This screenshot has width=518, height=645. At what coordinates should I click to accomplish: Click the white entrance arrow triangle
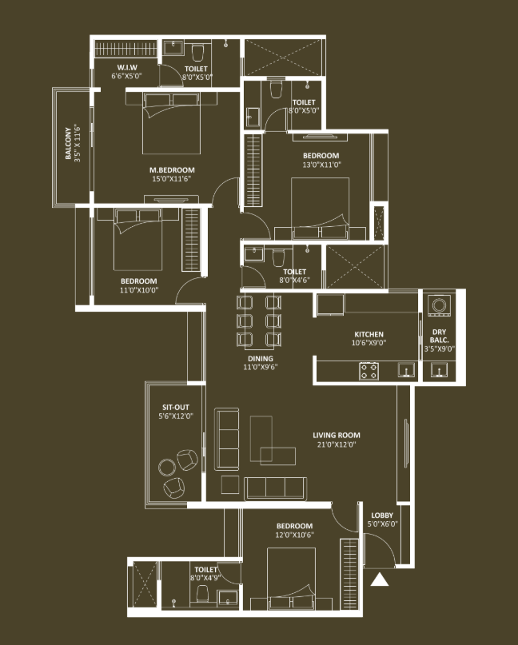point(380,580)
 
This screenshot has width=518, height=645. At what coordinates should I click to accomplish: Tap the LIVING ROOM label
point(337,436)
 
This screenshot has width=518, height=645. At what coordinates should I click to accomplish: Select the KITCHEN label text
point(369,334)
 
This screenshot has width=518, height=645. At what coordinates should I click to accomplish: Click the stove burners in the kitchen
point(369,371)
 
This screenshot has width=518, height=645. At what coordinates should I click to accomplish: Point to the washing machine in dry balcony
point(439,306)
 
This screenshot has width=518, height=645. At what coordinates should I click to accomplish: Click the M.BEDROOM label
point(172,170)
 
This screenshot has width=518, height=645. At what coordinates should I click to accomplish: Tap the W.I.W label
point(127,67)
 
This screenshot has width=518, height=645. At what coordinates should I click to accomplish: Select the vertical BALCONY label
point(68,143)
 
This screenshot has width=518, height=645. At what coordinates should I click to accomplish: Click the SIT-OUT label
point(176,408)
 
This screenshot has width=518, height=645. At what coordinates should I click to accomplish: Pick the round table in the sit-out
point(167,468)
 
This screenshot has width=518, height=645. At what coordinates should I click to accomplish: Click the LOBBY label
point(382,515)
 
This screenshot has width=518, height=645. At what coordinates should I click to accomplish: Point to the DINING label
point(261,359)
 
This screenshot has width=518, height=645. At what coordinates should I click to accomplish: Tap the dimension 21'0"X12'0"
point(337,444)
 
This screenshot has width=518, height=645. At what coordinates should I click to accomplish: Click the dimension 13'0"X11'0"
point(321,165)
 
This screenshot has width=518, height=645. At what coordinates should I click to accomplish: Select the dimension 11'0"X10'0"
point(139,290)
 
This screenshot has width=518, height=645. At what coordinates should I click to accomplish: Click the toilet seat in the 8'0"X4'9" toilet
point(202,593)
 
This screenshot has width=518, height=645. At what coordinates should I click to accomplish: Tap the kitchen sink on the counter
point(406,370)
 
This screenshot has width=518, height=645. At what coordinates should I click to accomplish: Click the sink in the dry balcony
point(440,370)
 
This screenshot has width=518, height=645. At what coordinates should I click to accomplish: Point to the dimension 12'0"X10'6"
point(295,535)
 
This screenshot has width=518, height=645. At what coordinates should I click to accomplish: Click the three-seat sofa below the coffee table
point(275,488)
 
